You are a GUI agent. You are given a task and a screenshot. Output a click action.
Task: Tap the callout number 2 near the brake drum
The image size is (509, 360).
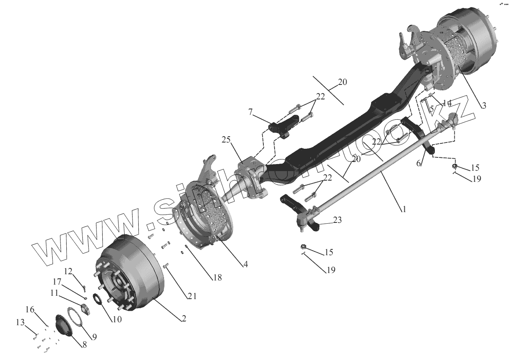pyautogui.click(x=183, y=319)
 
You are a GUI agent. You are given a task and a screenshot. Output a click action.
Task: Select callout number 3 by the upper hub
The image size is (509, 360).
pyautogui.click(x=483, y=105)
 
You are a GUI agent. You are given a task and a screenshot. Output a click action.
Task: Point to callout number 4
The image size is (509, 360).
pyautogui.click(x=246, y=264)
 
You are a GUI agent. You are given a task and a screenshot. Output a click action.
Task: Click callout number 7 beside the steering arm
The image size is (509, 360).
pyautogui.click(x=250, y=112)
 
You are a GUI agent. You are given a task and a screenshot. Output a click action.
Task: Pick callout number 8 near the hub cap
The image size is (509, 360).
pyautogui.click(x=84, y=344)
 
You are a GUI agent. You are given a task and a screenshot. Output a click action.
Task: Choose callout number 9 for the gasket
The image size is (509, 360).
pyautogui.click(x=94, y=337)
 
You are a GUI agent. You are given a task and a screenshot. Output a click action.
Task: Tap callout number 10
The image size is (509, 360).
pyautogui.click(x=117, y=319)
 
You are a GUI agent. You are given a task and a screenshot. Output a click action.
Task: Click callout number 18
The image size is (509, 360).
pyautogui.click(x=217, y=278)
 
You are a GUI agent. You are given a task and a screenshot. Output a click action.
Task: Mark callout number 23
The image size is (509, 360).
pyautogui.click(x=338, y=220)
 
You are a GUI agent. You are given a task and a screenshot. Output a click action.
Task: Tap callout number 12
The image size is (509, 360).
pyautogui.click(x=68, y=271)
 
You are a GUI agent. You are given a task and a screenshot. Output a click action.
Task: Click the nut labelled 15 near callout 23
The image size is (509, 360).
pyautogui.click(x=304, y=247)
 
